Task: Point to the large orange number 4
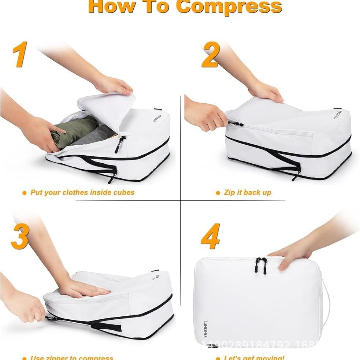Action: point(211,236)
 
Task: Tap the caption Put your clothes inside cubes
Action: point(82,192)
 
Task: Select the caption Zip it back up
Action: point(248,193)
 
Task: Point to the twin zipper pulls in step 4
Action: point(261,265)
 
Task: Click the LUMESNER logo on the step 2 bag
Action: point(337,114)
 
